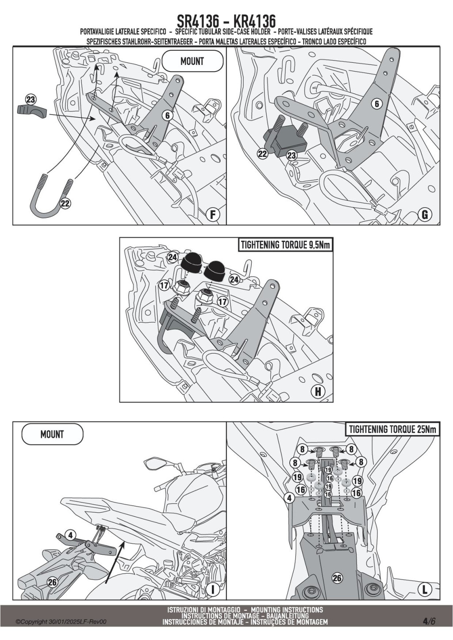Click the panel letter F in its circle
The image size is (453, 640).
click(213, 214)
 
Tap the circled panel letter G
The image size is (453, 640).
click(425, 214)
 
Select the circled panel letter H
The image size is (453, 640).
click(318, 392)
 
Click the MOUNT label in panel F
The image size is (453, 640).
click(192, 61)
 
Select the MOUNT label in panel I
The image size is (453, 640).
click(52, 434)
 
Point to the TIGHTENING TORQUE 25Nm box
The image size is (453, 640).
click(392, 430)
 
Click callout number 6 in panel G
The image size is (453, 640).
click(377, 104)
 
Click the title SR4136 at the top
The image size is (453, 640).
click(198, 21)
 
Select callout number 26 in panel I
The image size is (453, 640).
click(52, 574)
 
